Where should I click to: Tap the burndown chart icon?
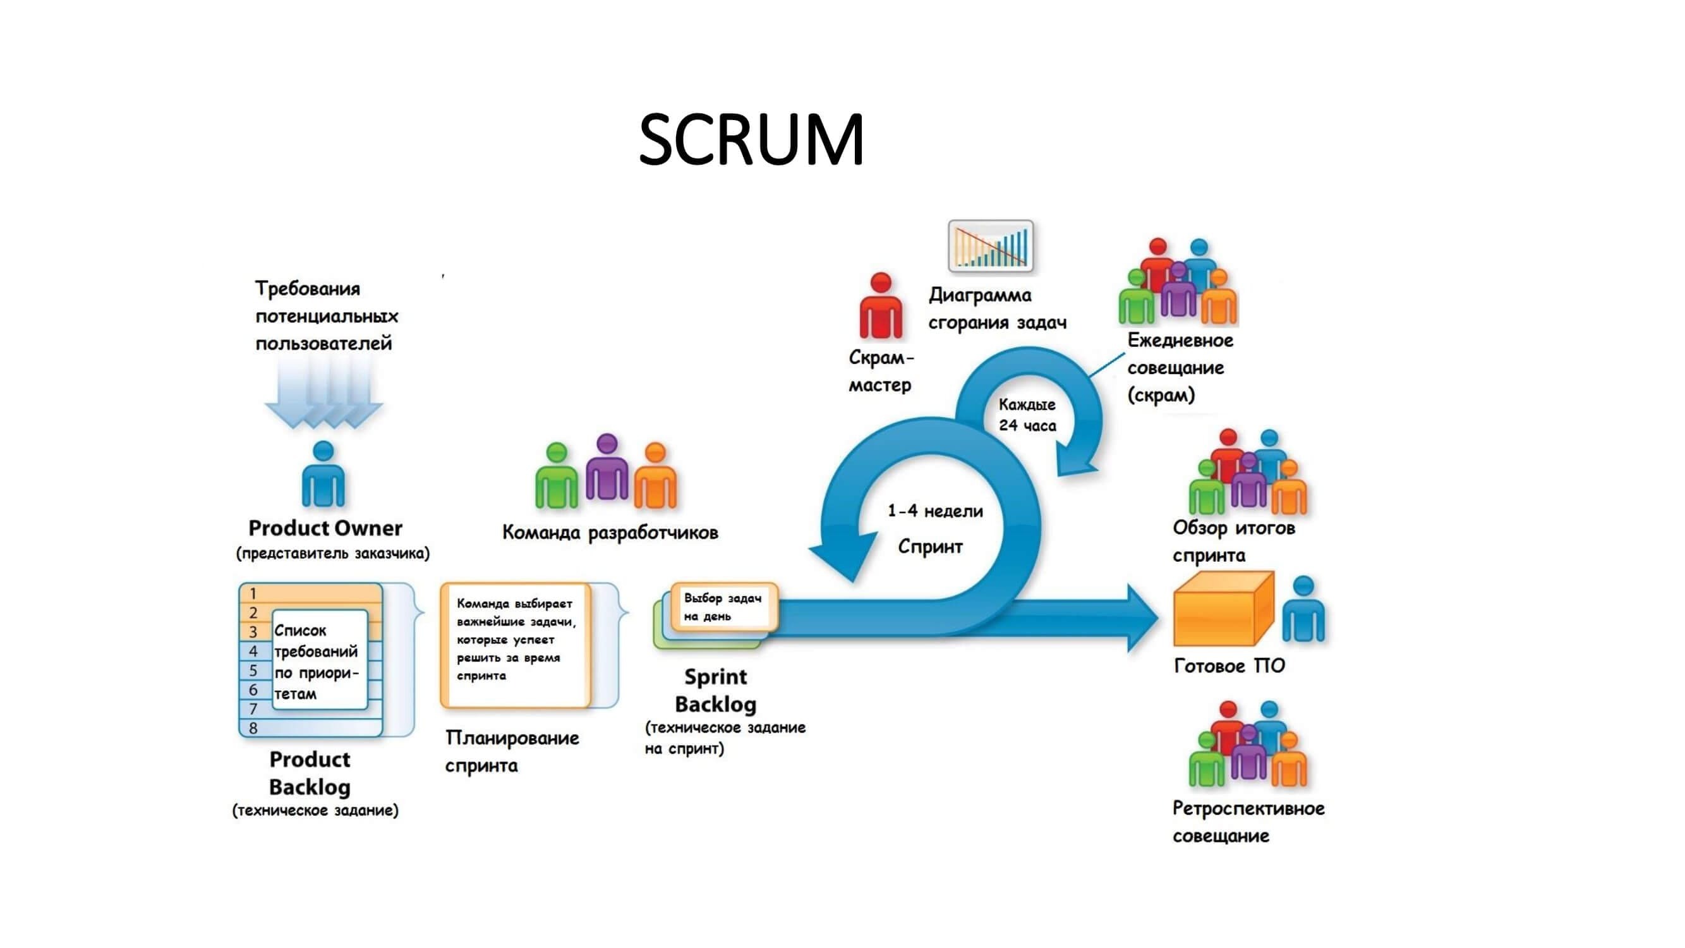(x=990, y=246)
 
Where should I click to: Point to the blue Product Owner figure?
(x=323, y=475)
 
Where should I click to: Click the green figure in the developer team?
(x=556, y=477)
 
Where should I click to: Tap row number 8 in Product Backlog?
(x=254, y=728)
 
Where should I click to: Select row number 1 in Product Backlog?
(x=254, y=593)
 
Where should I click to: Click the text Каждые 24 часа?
(x=1027, y=415)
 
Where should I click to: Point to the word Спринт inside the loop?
(x=930, y=546)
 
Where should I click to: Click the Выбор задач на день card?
(x=723, y=607)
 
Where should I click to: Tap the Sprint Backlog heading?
(x=716, y=690)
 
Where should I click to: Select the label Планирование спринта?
(x=512, y=751)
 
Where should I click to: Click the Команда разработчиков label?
(x=610, y=533)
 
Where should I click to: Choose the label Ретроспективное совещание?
(x=1247, y=822)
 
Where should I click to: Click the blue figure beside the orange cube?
(x=1303, y=610)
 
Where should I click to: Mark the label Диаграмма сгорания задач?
(x=997, y=309)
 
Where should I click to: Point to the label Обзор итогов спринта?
(x=1233, y=541)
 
